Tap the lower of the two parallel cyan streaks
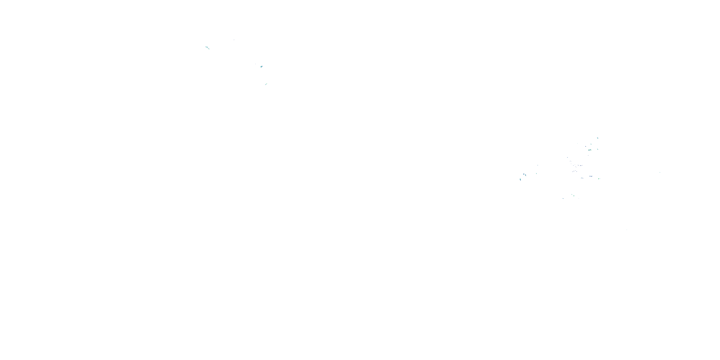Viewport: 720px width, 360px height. (209, 49)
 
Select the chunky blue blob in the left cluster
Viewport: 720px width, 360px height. (262, 66)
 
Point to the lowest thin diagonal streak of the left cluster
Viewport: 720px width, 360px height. (266, 84)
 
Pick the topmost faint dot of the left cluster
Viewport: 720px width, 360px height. (234, 40)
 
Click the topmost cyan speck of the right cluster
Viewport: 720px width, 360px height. (598, 138)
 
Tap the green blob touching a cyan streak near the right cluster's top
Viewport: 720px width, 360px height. (589, 150)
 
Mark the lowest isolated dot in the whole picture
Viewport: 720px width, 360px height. (627, 230)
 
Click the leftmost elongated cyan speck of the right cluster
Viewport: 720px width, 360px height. (520, 179)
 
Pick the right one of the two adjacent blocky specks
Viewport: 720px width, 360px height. (526, 175)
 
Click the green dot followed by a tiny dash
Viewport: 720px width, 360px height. (599, 178)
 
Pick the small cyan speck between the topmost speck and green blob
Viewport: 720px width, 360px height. (591, 144)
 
